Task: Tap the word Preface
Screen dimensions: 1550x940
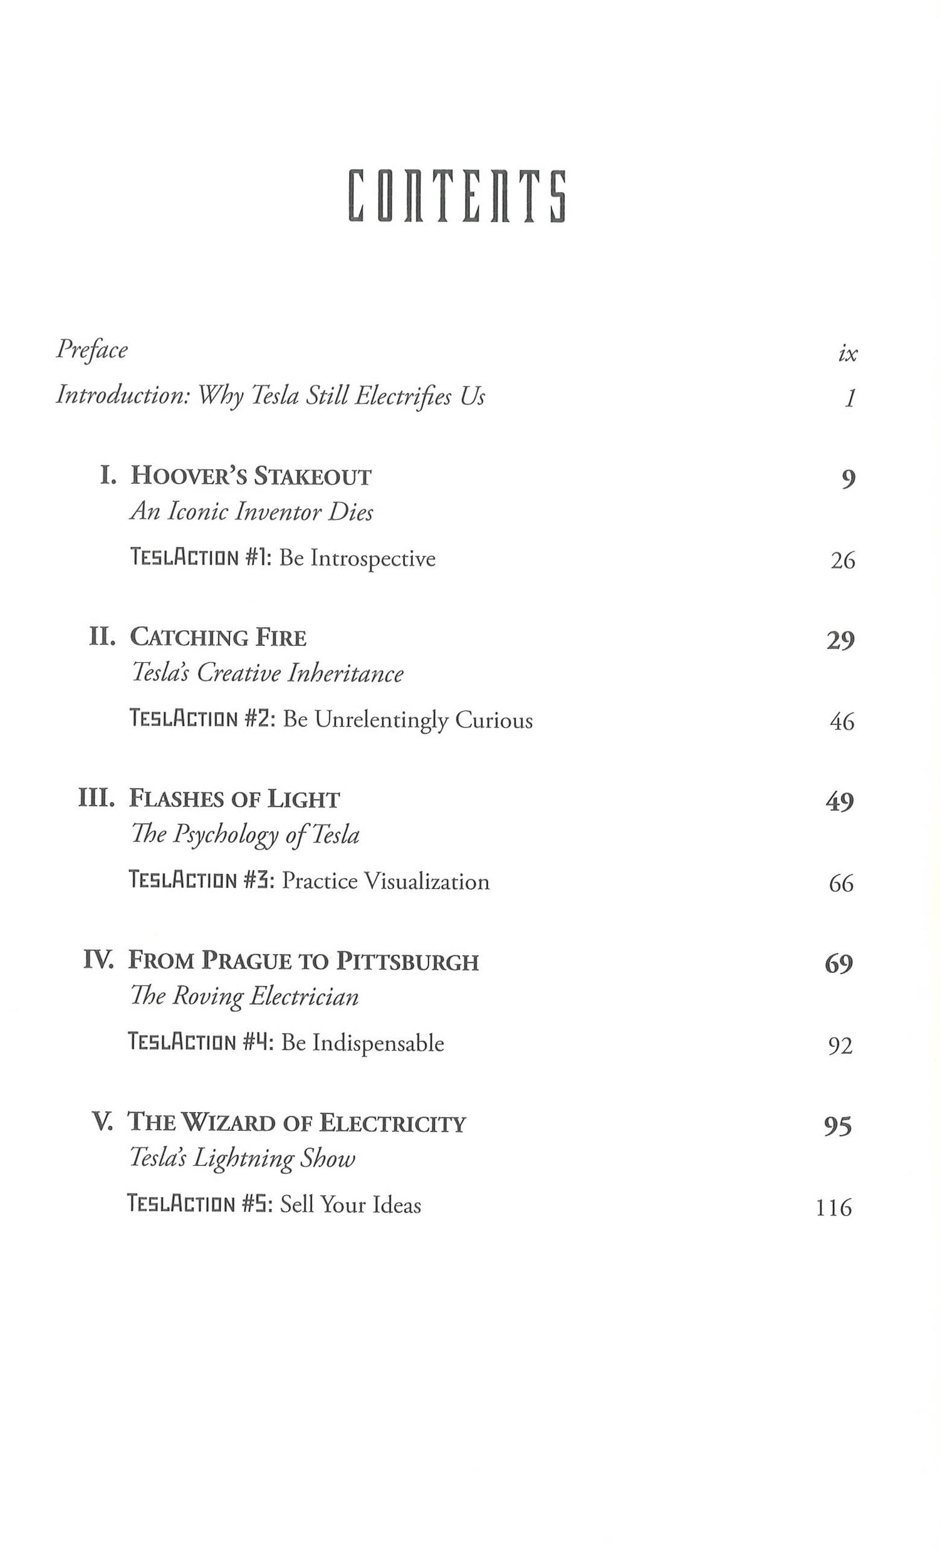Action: (x=92, y=350)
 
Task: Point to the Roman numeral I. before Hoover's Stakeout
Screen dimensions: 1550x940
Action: (x=108, y=476)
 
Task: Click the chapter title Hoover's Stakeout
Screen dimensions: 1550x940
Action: (x=251, y=476)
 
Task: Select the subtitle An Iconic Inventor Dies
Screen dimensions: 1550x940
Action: (x=251, y=512)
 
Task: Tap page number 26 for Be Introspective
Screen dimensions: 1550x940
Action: (x=842, y=560)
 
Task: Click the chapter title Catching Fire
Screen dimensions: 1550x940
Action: (x=217, y=638)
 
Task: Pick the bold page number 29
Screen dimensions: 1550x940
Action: (x=840, y=640)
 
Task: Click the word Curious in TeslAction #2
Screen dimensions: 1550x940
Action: (x=493, y=720)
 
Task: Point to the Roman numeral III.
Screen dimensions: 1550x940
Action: (x=97, y=798)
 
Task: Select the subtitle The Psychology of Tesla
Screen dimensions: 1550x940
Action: (x=245, y=835)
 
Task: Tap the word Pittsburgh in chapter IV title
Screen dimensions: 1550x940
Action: (x=407, y=961)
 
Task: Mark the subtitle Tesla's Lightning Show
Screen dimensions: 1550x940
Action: (x=243, y=1158)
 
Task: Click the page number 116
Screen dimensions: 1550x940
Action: (x=833, y=1208)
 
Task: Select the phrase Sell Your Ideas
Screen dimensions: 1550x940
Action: (x=350, y=1205)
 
